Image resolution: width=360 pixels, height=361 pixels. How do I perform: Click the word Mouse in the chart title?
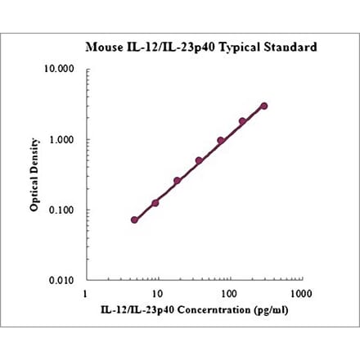point(105,47)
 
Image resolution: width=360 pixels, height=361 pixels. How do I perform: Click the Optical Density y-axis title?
point(35,175)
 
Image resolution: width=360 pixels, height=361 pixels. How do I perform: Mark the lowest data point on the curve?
point(134,219)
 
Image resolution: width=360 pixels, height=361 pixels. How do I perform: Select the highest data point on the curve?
point(263,106)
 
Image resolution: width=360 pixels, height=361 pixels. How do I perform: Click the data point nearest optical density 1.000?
point(221,141)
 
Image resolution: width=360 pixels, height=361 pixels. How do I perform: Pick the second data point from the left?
point(155,202)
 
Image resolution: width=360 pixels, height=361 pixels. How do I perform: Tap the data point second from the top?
point(242,121)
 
